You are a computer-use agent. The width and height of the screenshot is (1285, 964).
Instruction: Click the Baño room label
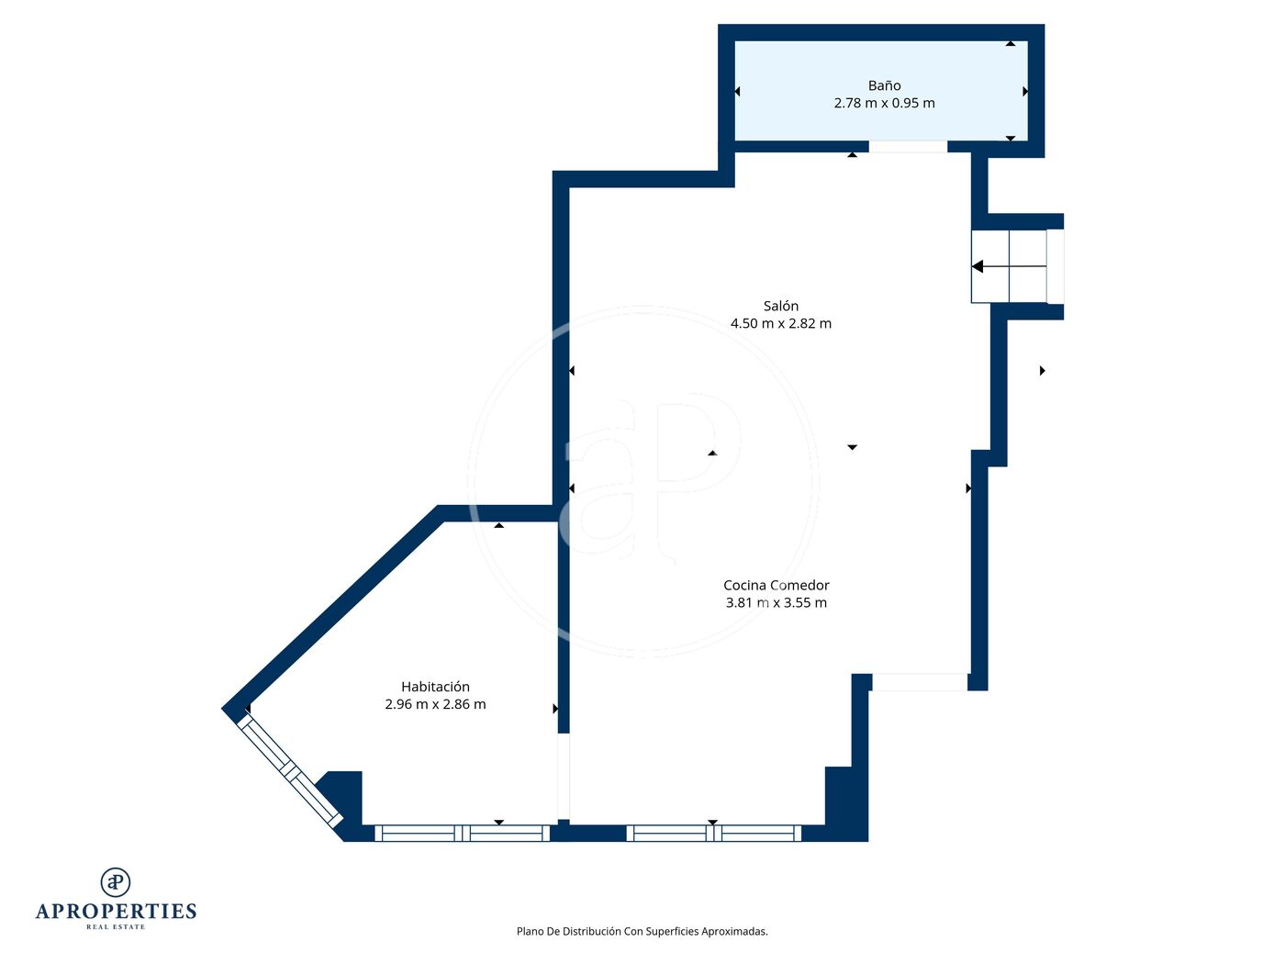coord(884,85)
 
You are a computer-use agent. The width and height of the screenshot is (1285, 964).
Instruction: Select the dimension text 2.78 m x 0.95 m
coord(884,103)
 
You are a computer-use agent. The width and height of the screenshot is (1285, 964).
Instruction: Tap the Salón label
coord(780,306)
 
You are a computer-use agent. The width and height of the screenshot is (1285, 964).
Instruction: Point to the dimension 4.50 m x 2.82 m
coord(780,323)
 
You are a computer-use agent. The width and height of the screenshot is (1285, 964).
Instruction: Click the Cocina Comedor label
coord(777,585)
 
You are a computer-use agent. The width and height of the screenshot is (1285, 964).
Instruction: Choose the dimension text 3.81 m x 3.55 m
coord(777,602)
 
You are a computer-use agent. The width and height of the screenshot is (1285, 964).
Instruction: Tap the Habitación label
coord(435,686)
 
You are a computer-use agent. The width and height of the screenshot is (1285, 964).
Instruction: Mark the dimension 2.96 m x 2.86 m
coord(435,703)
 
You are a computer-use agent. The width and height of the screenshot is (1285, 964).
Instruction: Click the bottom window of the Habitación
coord(462,833)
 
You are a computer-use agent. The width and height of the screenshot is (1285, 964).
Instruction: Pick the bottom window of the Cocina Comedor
coord(713,833)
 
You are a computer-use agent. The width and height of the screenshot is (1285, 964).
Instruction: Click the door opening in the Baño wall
coord(908,146)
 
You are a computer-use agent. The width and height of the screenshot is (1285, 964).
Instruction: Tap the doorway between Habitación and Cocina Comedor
coord(564,776)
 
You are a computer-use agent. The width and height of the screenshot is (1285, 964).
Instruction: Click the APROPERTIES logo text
coord(116,911)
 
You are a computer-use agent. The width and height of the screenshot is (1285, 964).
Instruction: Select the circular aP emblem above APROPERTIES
coord(116,881)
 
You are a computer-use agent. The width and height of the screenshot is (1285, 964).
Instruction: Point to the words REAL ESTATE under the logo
coord(116,926)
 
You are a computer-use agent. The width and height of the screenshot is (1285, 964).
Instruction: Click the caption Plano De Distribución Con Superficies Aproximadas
coord(642,931)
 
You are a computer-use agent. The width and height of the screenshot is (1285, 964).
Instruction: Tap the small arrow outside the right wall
coord(1042,371)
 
